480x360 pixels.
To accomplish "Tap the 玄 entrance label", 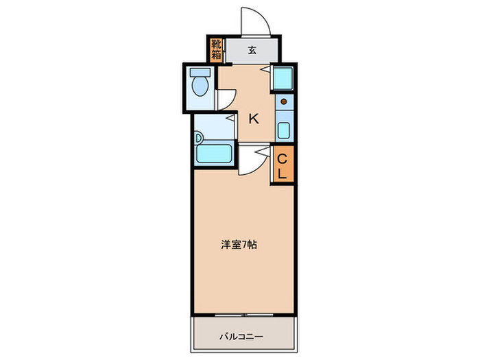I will pyautogui.click(x=252, y=50).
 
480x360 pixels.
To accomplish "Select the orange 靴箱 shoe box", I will pyautogui.click(x=216, y=50).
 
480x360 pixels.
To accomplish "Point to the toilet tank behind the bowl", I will pyautogui.click(x=200, y=73).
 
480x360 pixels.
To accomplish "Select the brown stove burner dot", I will pyautogui.click(x=283, y=103).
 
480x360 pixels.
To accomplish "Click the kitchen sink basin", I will pyautogui.click(x=283, y=129).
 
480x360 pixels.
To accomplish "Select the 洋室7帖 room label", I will pyautogui.click(x=239, y=244).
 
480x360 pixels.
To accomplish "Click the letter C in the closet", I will pyautogui.click(x=283, y=159).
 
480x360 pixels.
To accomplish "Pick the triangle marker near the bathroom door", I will pyautogui.click(x=231, y=118).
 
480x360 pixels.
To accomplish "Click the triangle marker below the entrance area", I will pyautogui.click(x=263, y=70).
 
